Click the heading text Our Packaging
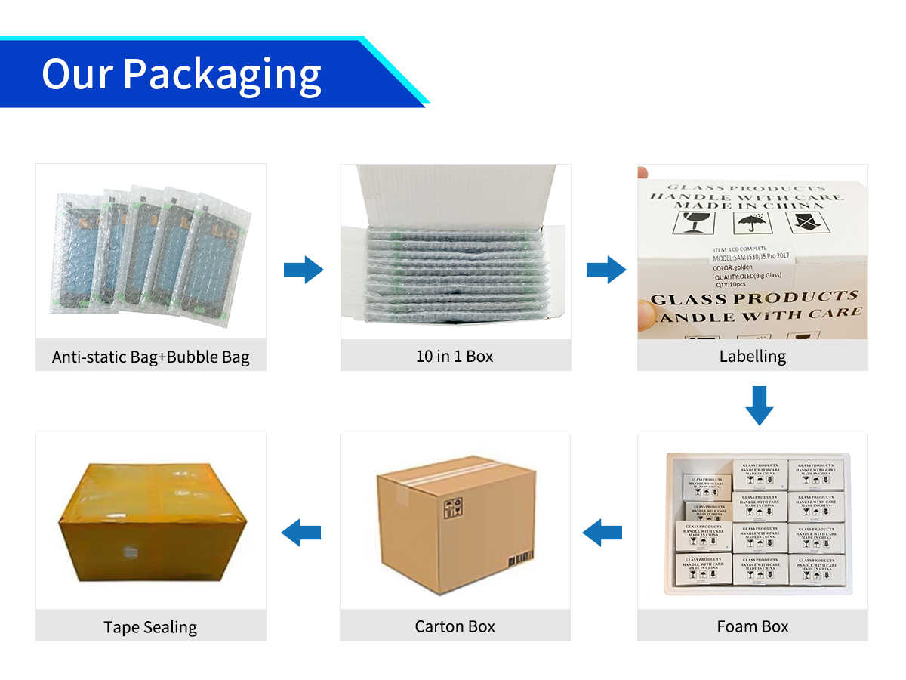pos(181,74)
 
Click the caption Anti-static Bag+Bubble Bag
pos(150,357)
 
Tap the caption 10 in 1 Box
pos(455,356)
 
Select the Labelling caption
pos(752,356)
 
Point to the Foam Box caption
pos(752,626)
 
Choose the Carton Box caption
pos(455,626)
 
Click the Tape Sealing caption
pos(150,627)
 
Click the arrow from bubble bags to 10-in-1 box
pos(304,270)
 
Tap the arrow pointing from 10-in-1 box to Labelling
pos(606,270)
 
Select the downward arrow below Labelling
pos(759,405)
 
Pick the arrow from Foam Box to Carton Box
pos(602,533)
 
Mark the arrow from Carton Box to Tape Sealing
pos(301,533)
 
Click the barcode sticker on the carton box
pos(521,559)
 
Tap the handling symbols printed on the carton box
pos(452,508)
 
